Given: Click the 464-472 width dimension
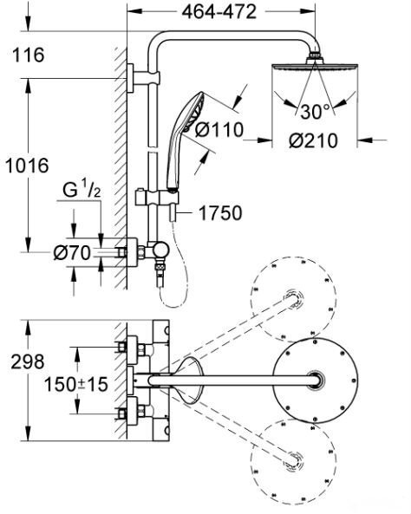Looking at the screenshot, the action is [219, 12].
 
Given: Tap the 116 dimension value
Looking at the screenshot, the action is [29, 55].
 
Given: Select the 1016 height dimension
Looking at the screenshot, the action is [28, 166].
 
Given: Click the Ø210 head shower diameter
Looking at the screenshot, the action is [313, 140].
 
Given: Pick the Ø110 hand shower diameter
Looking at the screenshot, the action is [219, 129].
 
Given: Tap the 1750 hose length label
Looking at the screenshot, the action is [220, 213].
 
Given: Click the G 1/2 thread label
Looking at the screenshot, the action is [82, 189].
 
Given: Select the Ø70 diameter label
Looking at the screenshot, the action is [72, 253].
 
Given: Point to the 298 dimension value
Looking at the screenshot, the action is [28, 362].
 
